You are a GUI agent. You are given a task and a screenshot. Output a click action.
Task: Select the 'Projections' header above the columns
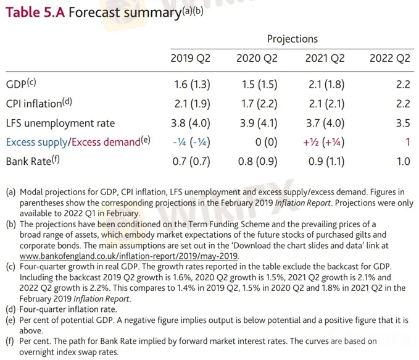tap(292, 39)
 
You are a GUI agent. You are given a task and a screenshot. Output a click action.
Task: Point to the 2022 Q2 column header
tap(389, 59)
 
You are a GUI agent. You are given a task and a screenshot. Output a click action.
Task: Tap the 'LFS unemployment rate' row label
tap(60, 123)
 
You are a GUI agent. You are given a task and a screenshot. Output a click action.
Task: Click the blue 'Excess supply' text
tap(36, 142)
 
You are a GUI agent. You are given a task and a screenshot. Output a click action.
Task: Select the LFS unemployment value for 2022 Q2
tap(402, 123)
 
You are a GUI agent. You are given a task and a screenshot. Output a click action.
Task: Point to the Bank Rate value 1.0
tap(402, 162)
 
